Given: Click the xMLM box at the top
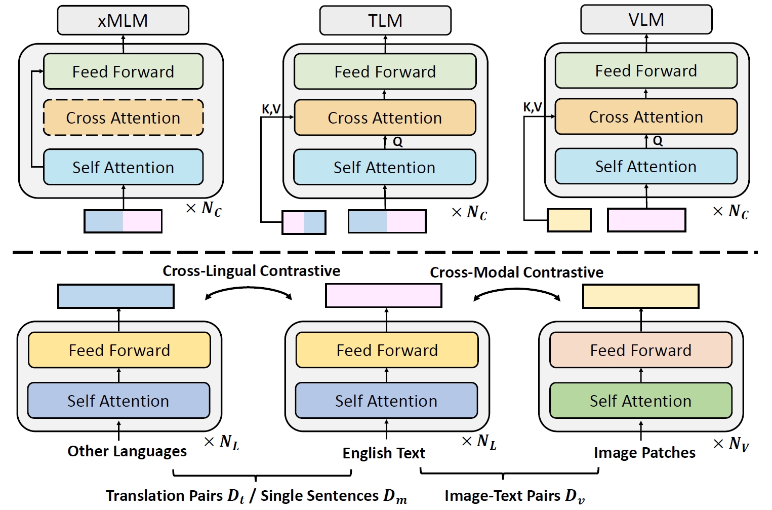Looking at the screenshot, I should (x=123, y=20).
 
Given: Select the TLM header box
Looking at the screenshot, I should (x=385, y=20).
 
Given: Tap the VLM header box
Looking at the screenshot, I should (x=646, y=20).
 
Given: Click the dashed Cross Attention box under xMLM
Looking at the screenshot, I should (x=123, y=117).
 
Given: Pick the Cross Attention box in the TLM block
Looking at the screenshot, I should (x=385, y=117).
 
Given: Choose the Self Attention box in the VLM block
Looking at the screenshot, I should (x=646, y=166).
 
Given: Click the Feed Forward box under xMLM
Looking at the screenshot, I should (x=123, y=71).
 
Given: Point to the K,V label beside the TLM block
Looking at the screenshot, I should (x=271, y=109).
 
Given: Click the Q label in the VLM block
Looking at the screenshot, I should (x=658, y=141).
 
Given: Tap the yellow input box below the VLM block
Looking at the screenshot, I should (x=569, y=220).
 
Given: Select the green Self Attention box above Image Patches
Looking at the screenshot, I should (x=640, y=401).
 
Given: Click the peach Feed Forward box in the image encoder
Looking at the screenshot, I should (x=640, y=350).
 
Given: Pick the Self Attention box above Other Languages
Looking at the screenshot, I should (x=118, y=401).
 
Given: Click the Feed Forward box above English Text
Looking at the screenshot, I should (x=387, y=350).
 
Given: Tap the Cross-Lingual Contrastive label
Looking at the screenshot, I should (x=251, y=271).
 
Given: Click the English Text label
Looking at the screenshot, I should (x=384, y=453).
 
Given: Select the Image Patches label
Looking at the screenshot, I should (x=644, y=452).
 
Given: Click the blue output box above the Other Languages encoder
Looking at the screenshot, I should (x=116, y=296).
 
